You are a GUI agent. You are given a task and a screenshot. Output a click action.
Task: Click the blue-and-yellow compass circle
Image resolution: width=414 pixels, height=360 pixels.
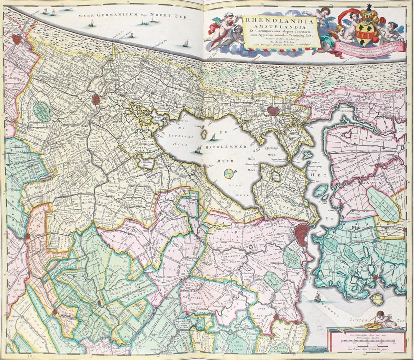pyautogui.click(x=228, y=174)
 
